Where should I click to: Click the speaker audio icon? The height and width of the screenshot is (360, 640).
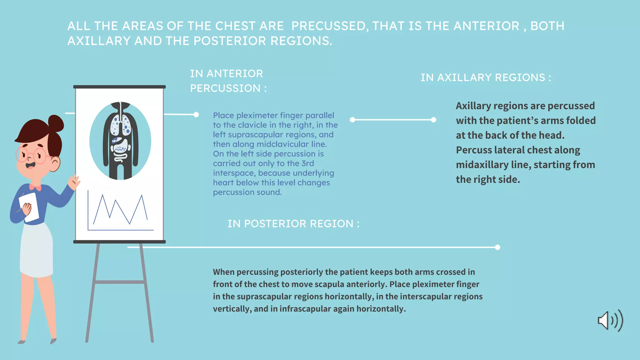610,321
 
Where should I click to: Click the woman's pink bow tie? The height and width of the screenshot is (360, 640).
35,187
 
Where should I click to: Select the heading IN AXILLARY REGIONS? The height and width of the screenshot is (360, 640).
486,77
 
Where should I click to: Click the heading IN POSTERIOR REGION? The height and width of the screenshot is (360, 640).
293,224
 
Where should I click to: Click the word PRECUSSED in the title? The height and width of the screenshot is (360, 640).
328,26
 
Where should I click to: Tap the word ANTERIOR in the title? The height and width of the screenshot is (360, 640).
486,26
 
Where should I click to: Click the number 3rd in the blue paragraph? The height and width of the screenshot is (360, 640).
307,163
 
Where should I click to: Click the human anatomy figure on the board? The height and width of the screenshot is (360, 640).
121,141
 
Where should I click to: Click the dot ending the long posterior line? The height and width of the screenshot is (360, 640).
497,247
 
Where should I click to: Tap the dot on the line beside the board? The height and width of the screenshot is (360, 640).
196,115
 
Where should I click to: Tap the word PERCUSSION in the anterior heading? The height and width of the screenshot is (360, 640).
225,88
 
